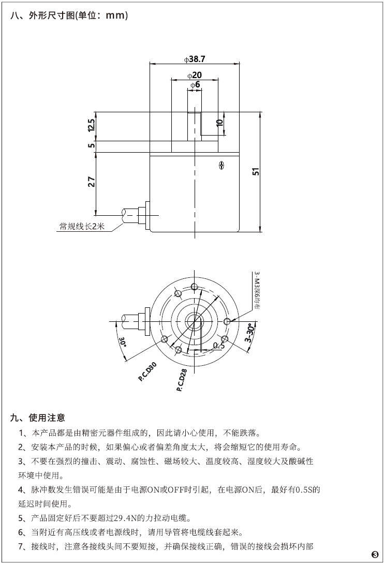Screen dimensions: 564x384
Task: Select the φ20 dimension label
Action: pos(195,75)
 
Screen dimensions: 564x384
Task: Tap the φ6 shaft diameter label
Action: pos(195,84)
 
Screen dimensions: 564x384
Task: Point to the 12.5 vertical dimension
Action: pos(92,126)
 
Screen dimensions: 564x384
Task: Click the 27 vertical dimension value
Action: pos(92,182)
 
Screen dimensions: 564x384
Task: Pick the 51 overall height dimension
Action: pos(255,172)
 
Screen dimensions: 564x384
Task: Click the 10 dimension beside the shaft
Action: pos(220,123)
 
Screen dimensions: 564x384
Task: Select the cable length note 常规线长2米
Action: pos(82,226)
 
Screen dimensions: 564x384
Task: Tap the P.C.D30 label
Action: pos(148,372)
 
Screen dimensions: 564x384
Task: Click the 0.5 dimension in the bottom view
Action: pos(219,345)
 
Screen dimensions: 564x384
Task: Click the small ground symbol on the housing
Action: pos(221,165)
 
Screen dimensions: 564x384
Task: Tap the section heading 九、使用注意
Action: pos(39,417)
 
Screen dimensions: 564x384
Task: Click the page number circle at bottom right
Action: pos(375,555)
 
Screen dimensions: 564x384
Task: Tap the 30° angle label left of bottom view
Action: pos(123,342)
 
